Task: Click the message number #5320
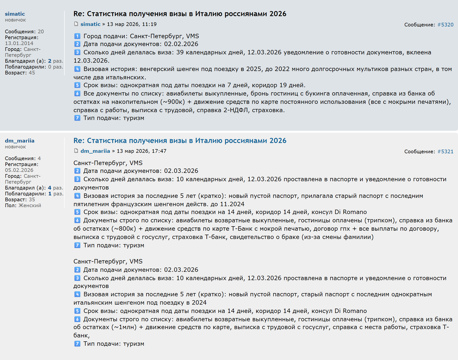coord(445,25)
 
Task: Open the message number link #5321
coord(445,152)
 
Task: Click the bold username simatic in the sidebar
coord(15,14)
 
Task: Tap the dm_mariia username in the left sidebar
coord(20,141)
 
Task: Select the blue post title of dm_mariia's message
coord(180,141)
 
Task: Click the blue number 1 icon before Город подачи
coord(77,36)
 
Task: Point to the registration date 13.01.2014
coord(19,43)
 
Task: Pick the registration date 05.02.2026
coord(19,170)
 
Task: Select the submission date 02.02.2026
coord(181,44)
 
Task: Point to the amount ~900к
coord(173,102)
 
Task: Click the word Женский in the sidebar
coord(30,205)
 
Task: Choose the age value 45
coord(32,73)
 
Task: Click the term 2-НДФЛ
coord(236,110)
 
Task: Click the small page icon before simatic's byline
coord(76,24)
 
